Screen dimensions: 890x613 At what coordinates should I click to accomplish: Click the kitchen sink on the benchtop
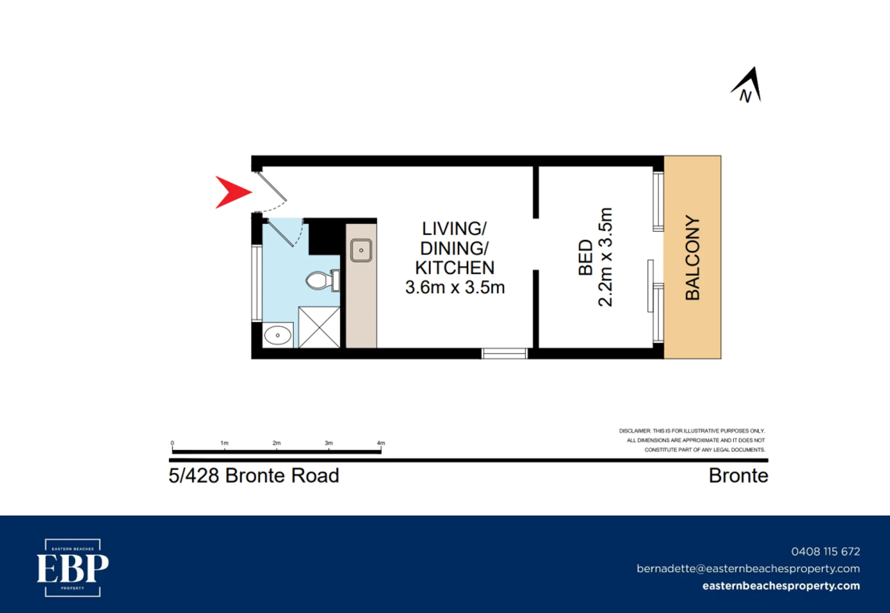361,250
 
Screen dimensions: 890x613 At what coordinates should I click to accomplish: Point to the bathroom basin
278,335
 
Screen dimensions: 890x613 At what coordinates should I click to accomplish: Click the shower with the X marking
319,327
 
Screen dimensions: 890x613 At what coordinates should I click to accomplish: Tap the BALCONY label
693,257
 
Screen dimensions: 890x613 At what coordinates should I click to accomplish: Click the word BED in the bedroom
586,257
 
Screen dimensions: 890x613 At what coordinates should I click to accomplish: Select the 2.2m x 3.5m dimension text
605,257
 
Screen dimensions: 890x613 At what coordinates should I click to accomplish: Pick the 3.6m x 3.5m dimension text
455,288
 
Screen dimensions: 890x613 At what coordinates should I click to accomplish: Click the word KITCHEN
455,268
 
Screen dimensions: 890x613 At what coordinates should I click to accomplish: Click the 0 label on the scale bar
172,443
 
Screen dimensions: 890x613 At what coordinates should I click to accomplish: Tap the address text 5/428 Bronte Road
254,475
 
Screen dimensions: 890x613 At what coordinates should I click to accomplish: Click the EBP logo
73,568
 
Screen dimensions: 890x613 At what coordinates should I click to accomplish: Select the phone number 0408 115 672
826,551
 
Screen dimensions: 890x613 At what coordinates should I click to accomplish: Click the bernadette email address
748,569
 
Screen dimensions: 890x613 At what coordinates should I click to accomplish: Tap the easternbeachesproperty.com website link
781,586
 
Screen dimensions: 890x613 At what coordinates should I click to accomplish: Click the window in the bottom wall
504,354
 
